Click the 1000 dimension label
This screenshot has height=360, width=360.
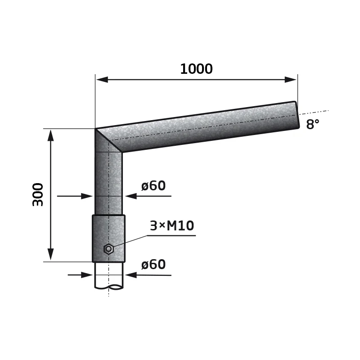196,69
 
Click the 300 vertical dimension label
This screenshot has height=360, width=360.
38,194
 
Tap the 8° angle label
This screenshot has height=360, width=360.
312,124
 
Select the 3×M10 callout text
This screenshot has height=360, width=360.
172,225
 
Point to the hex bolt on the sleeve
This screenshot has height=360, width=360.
108,249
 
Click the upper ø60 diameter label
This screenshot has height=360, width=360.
153,185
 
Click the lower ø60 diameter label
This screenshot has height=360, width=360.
153,264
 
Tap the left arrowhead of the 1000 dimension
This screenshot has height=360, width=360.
102,80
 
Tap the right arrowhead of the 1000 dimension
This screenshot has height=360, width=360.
290,80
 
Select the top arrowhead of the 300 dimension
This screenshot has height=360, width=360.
50,135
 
